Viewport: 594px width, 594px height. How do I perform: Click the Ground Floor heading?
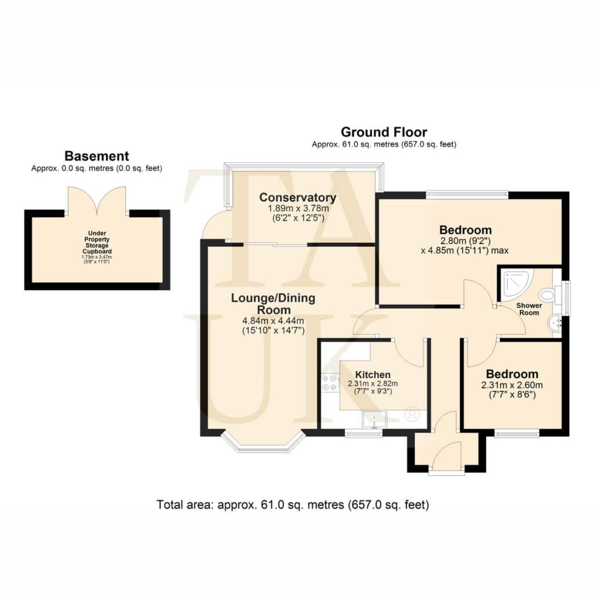pos(384,132)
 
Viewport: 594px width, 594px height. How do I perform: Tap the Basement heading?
pos(97,156)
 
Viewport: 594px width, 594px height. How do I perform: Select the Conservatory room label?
pos(298,197)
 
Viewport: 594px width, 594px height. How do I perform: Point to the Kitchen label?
pos(373,375)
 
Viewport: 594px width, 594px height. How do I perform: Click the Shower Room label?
pos(529,309)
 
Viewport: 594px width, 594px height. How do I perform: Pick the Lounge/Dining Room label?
pos(273,304)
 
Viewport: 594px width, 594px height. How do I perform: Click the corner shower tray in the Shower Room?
pos(517,284)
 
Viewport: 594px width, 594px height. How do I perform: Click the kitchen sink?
pos(374,419)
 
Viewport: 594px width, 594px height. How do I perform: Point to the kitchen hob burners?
pos(330,382)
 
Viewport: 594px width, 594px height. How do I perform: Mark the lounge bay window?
pos(263,441)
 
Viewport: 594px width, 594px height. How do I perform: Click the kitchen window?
pos(363,433)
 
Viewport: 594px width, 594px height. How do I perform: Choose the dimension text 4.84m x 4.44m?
pos(273,321)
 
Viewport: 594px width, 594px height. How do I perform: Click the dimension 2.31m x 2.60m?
pos(512,385)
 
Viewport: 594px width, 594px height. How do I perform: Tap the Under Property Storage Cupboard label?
pos(97,242)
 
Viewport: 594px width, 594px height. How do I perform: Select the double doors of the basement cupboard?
pos(97,201)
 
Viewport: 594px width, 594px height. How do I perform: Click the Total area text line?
pos(292,505)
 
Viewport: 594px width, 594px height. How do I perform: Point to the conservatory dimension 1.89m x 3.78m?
pos(298,208)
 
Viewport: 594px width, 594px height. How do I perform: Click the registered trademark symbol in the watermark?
pos(412,414)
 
